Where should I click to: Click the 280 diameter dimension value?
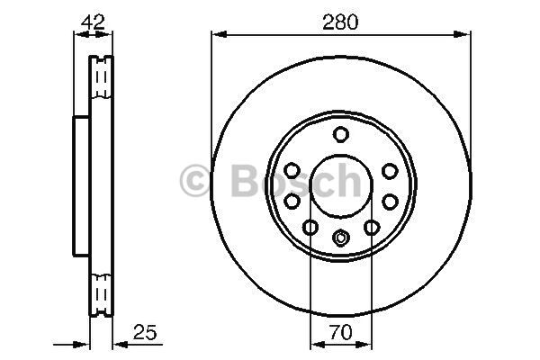340,22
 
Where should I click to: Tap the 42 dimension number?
93,22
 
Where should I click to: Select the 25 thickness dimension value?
145,332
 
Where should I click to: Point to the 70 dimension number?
340,332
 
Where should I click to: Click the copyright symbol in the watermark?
195,180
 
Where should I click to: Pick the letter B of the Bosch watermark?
246,180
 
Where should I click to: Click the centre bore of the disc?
341,186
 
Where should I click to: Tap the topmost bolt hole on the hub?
341,134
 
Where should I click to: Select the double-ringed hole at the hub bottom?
341,238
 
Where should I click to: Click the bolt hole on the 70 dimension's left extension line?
310,227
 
